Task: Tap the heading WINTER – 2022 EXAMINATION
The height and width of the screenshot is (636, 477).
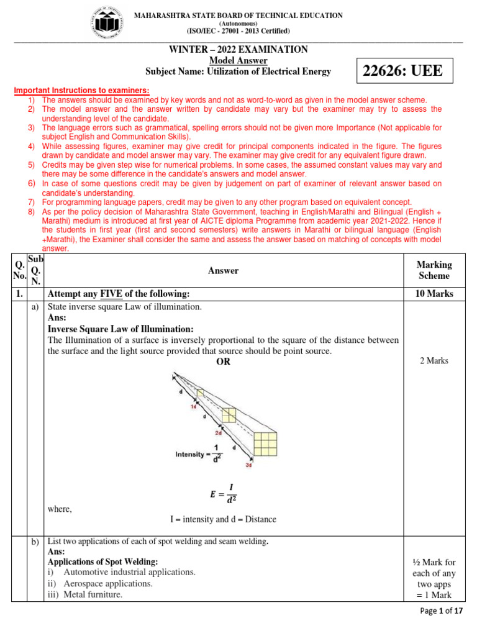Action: click(x=238, y=50)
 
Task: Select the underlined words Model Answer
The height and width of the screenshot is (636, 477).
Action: click(x=238, y=60)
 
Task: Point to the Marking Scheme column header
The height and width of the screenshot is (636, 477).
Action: click(x=434, y=270)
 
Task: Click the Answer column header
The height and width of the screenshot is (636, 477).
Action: click(x=223, y=271)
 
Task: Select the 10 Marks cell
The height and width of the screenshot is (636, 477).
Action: click(x=434, y=294)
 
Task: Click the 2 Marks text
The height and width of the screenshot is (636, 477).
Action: click(x=434, y=361)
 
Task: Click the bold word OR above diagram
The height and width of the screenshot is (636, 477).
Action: click(x=223, y=362)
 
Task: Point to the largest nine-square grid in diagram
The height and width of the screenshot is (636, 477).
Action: click(x=266, y=444)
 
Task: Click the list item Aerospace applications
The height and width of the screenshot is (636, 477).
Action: click(x=107, y=584)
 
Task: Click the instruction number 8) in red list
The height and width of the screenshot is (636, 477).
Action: click(x=32, y=211)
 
